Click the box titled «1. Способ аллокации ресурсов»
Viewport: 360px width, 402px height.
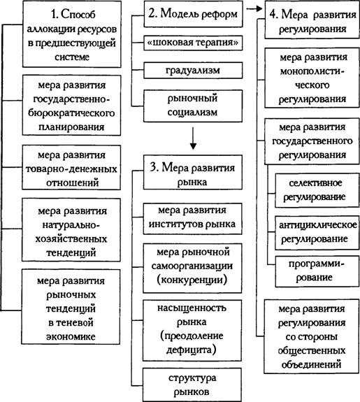coord(72,34)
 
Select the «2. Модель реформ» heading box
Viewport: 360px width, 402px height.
coord(193,14)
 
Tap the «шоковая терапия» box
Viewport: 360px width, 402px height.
coord(193,43)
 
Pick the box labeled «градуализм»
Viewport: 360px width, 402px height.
coord(193,70)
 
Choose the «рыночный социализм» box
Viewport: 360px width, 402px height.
coord(193,106)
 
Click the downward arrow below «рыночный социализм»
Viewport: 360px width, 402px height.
coord(193,138)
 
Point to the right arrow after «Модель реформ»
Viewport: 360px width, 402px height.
coord(254,8)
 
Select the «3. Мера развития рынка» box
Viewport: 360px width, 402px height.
coord(192,172)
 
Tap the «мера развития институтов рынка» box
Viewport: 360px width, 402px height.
coord(192,219)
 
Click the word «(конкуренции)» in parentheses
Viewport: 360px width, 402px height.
coord(192,280)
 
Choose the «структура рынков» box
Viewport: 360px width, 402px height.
coord(192,385)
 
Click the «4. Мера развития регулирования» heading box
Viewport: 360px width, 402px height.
coord(312,20)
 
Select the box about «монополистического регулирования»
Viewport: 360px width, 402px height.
coord(312,78)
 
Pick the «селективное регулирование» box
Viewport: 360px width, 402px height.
coord(317,190)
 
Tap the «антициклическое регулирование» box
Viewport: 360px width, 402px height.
coord(317,233)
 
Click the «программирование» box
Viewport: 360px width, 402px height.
coord(317,271)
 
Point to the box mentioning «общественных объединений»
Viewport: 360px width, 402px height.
coord(312,336)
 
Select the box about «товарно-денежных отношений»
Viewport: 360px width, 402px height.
coord(71,168)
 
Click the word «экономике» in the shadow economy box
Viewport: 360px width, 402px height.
coord(71,336)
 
